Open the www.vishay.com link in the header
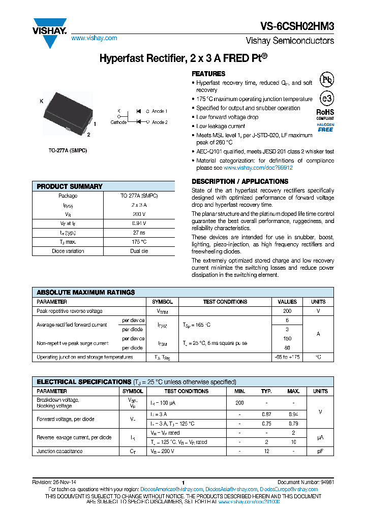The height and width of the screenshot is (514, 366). [x=94, y=38]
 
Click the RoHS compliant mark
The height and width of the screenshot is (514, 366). [x=325, y=114]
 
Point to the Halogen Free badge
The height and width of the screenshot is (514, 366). [x=325, y=127]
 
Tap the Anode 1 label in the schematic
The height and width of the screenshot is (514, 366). [x=160, y=111]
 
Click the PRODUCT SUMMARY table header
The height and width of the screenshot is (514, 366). [x=70, y=186]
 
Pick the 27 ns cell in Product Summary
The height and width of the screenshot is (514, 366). [x=139, y=232]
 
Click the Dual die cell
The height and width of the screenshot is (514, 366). [x=139, y=250]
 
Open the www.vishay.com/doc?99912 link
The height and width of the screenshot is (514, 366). [x=258, y=168]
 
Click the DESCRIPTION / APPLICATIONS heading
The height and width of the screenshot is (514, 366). [x=240, y=181]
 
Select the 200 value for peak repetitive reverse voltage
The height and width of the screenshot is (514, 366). [x=287, y=311]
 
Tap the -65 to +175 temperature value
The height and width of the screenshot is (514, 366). [x=287, y=357]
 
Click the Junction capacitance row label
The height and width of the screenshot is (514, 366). [x=59, y=451]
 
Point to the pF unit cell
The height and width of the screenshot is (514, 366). [x=320, y=451]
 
